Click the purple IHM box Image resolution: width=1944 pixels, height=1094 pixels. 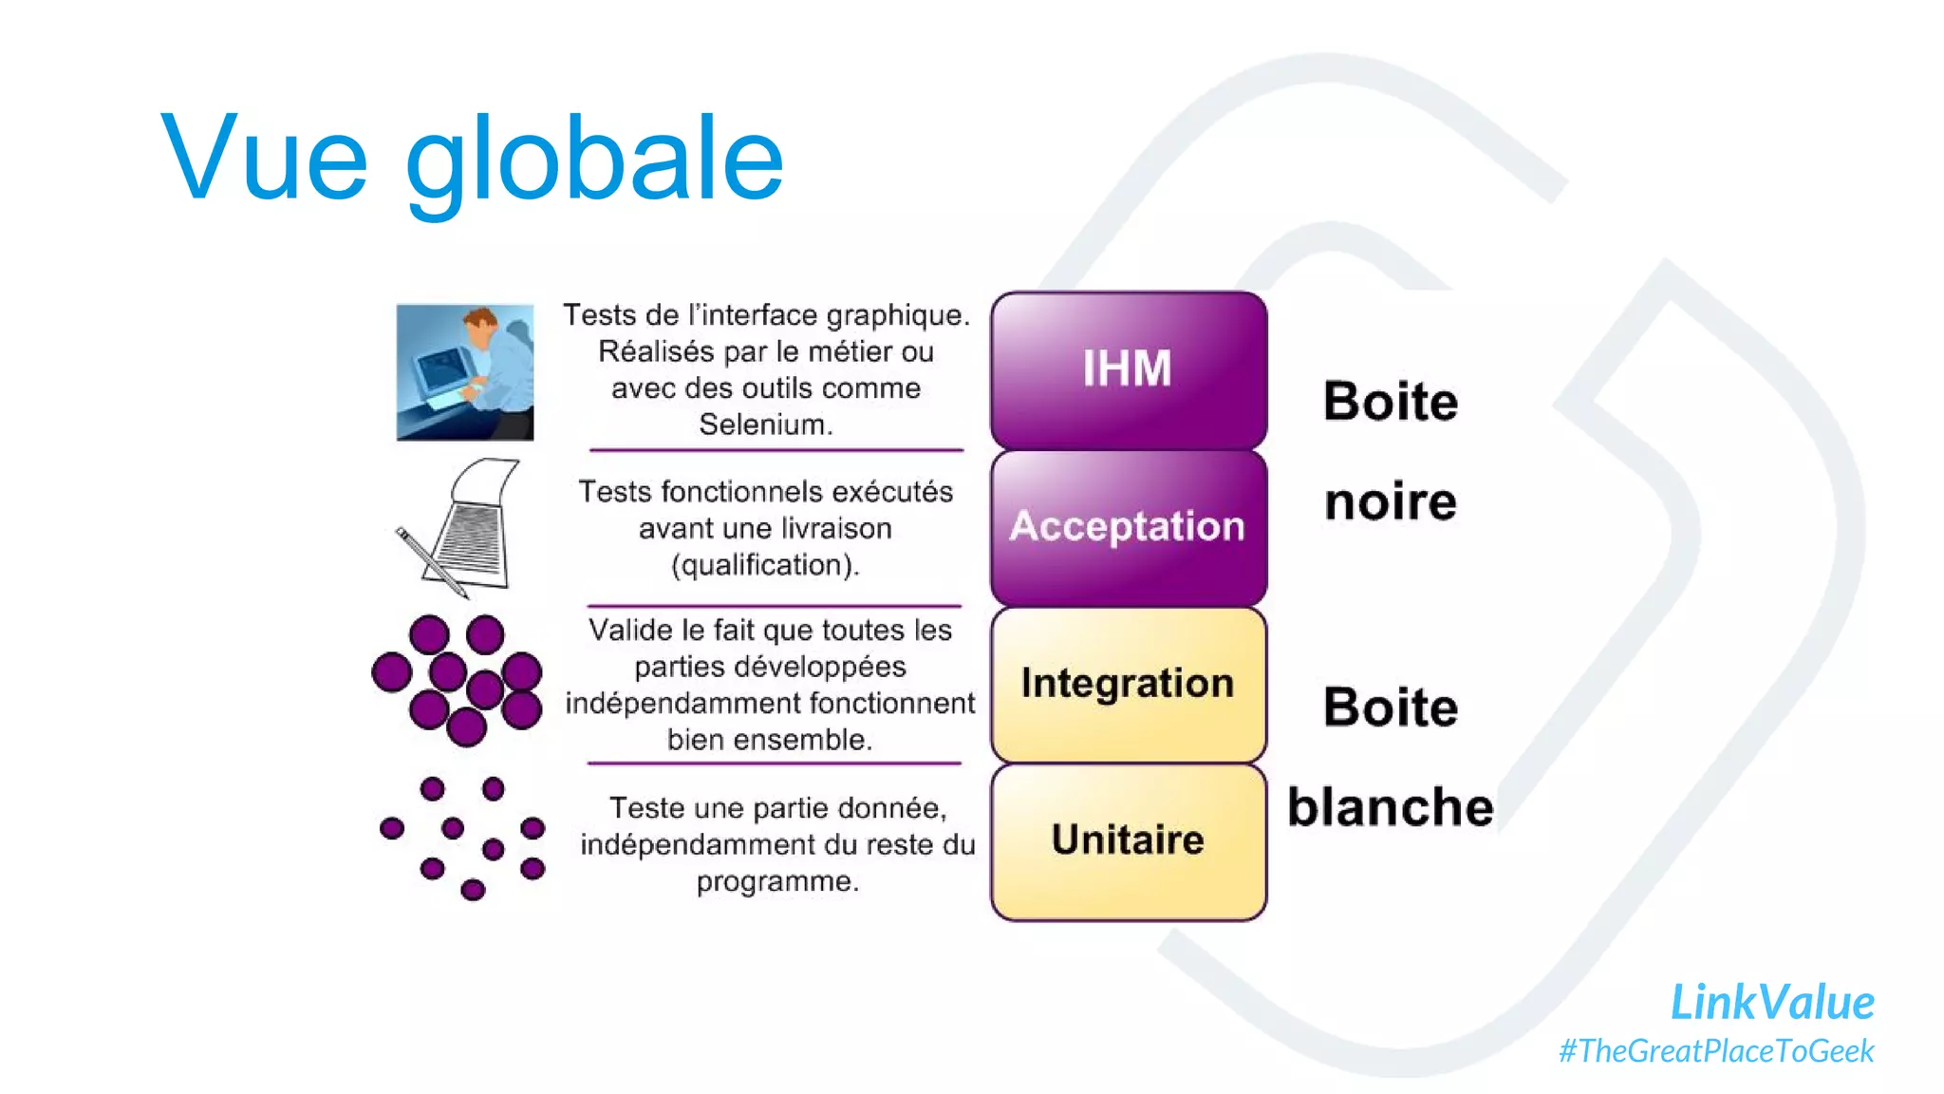pos(1128,370)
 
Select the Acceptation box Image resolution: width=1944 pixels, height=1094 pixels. pos(1128,527)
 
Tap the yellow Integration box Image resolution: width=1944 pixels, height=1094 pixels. pos(1128,684)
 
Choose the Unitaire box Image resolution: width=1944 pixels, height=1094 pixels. pos(1128,840)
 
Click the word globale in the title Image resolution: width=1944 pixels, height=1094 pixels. pos(594,160)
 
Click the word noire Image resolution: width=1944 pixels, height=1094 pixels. pos(1390,501)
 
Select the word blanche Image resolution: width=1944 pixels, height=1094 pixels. pos(1390,807)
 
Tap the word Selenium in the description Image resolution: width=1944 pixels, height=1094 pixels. pos(764,424)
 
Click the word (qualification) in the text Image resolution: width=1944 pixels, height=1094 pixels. pos(765,565)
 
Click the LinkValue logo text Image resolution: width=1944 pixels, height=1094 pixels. pos(1771,1002)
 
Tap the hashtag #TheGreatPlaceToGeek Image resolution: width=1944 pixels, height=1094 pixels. pos(1716,1051)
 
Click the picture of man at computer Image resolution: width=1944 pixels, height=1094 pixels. pos(464,371)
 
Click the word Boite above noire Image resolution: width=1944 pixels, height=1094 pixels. pos(1390,401)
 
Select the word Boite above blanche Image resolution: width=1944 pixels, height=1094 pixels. pos(1390,707)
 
